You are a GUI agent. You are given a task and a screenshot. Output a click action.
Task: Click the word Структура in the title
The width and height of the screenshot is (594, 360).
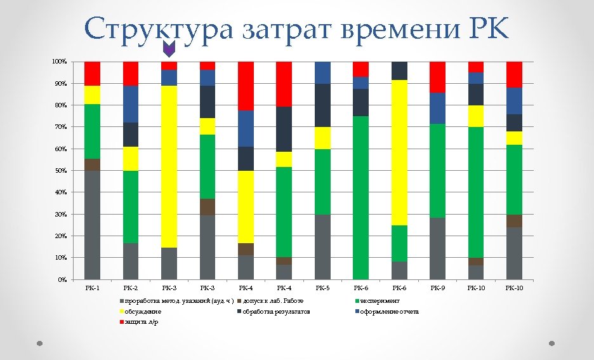point(158,29)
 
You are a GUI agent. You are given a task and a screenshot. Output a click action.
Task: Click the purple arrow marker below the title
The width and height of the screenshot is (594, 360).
point(169,49)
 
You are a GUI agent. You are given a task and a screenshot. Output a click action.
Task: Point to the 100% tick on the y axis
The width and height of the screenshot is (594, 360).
point(59,62)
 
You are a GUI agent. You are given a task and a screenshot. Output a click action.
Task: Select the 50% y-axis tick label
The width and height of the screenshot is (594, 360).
point(60,171)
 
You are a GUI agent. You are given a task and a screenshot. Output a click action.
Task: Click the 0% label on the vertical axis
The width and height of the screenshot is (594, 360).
point(62,279)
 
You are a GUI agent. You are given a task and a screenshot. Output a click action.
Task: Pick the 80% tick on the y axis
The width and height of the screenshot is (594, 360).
point(60,105)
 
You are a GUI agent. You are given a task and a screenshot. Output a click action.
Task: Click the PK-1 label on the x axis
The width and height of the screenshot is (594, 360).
point(92,288)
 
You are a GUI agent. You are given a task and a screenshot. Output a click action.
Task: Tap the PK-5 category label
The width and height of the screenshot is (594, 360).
point(322,288)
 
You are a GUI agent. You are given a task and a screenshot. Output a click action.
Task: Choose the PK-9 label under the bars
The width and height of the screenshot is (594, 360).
point(437,288)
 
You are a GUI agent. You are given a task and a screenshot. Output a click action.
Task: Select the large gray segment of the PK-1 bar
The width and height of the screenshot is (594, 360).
point(92,225)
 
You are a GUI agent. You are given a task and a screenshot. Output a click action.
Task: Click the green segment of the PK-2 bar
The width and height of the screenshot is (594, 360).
point(131,207)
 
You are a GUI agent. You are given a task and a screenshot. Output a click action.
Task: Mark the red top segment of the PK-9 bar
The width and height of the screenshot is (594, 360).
point(438,77)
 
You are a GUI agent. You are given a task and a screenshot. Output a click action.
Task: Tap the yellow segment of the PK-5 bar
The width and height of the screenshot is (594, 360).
point(322,138)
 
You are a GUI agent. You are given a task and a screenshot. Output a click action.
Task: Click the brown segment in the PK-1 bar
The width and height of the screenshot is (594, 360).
point(92,164)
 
